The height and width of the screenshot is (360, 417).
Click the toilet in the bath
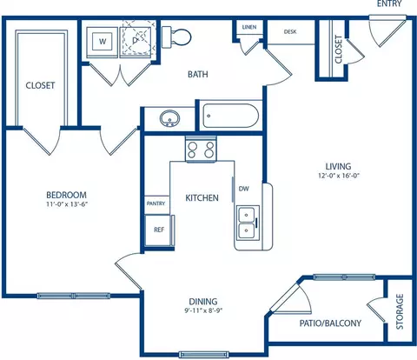click(x=176, y=37)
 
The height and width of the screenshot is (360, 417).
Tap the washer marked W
click(x=103, y=42)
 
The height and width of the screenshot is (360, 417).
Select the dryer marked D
click(x=136, y=42)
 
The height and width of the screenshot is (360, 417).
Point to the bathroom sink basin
click(x=169, y=118)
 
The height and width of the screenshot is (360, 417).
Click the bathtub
click(x=230, y=116)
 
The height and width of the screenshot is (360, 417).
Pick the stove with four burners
click(x=201, y=150)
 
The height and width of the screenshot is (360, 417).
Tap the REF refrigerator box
click(x=159, y=230)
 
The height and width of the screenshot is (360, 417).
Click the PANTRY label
click(x=156, y=203)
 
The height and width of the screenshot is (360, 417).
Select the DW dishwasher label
click(x=244, y=189)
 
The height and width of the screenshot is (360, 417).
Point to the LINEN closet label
click(x=249, y=27)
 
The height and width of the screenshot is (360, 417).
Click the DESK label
click(x=290, y=31)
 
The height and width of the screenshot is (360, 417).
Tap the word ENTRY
click(x=389, y=3)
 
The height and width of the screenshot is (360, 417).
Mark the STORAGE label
click(x=400, y=312)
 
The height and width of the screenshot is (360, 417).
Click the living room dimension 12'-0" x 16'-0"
click(x=339, y=176)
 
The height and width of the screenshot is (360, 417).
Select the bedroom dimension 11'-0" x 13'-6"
click(x=67, y=204)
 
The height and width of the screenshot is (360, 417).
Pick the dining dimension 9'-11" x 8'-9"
click(x=203, y=310)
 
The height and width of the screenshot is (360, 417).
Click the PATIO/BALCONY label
click(x=330, y=323)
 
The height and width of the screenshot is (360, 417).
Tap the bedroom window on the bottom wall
click(x=74, y=296)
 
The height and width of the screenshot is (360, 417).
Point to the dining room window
click(x=204, y=354)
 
